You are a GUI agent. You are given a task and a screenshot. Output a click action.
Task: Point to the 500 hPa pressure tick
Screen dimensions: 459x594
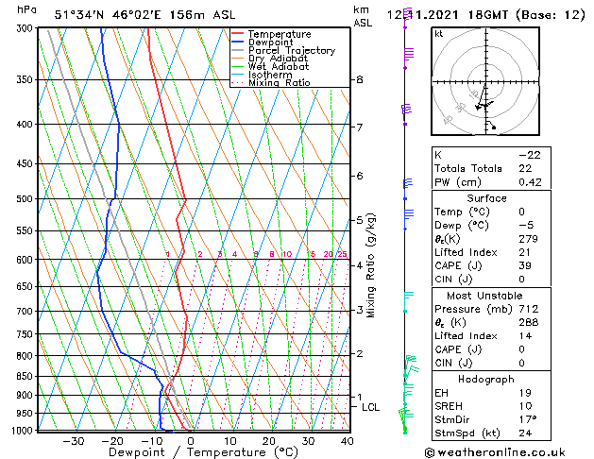(25, 199)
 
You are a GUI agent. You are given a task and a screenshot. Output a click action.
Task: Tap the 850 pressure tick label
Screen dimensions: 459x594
(25, 376)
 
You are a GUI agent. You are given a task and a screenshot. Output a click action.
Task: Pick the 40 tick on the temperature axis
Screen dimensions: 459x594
(348, 440)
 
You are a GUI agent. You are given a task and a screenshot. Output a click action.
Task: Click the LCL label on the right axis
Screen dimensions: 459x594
(370, 407)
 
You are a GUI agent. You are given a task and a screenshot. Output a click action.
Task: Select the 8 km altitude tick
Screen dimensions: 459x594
(359, 80)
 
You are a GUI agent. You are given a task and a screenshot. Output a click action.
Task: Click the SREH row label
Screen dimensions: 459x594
(450, 406)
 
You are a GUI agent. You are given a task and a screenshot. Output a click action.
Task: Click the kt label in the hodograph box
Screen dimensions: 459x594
(438, 33)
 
